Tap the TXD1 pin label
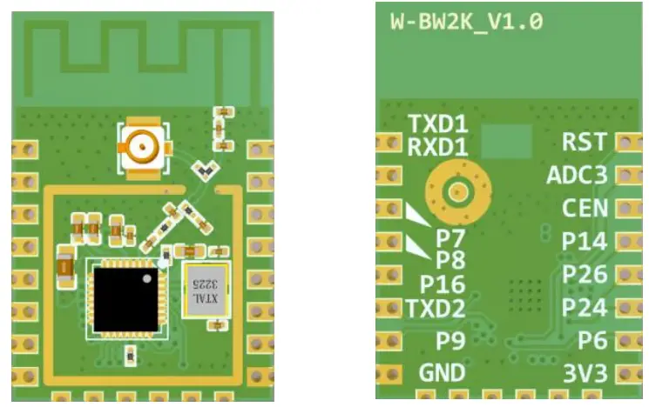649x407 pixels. click(437, 123)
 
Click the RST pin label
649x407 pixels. click(585, 141)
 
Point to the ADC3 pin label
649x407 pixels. click(576, 175)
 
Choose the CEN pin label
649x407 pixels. click(585, 209)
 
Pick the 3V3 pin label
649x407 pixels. click(585, 374)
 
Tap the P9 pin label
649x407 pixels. click(450, 341)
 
